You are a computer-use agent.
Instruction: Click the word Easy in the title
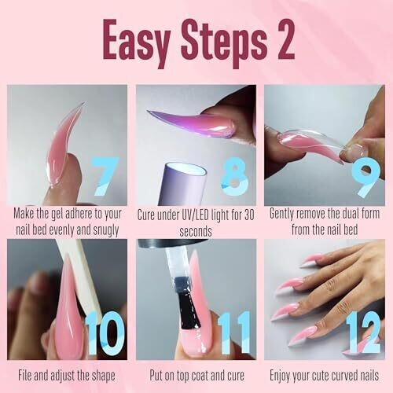coord(136,42)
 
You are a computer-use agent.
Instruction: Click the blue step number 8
coord(234,176)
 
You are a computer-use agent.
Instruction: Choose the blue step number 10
coord(105,332)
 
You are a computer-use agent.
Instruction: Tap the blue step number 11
coord(234,332)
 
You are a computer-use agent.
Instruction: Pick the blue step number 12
coord(363,332)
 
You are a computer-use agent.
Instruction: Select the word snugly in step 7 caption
coord(105,230)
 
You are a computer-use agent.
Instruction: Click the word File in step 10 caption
coord(25,375)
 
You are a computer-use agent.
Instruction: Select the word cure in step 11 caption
coord(234,376)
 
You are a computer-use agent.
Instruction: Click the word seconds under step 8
coord(196,231)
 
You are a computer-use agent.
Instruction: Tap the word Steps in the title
coord(222,42)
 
